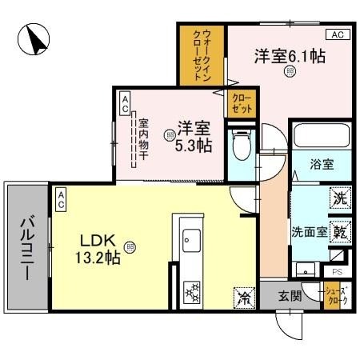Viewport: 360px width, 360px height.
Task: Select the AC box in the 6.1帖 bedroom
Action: [338, 35]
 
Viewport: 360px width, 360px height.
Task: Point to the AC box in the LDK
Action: [62, 203]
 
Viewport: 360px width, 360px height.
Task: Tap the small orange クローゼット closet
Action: [241, 102]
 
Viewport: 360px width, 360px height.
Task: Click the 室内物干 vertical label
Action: [143, 142]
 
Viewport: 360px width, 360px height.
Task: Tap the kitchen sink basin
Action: [192, 238]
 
